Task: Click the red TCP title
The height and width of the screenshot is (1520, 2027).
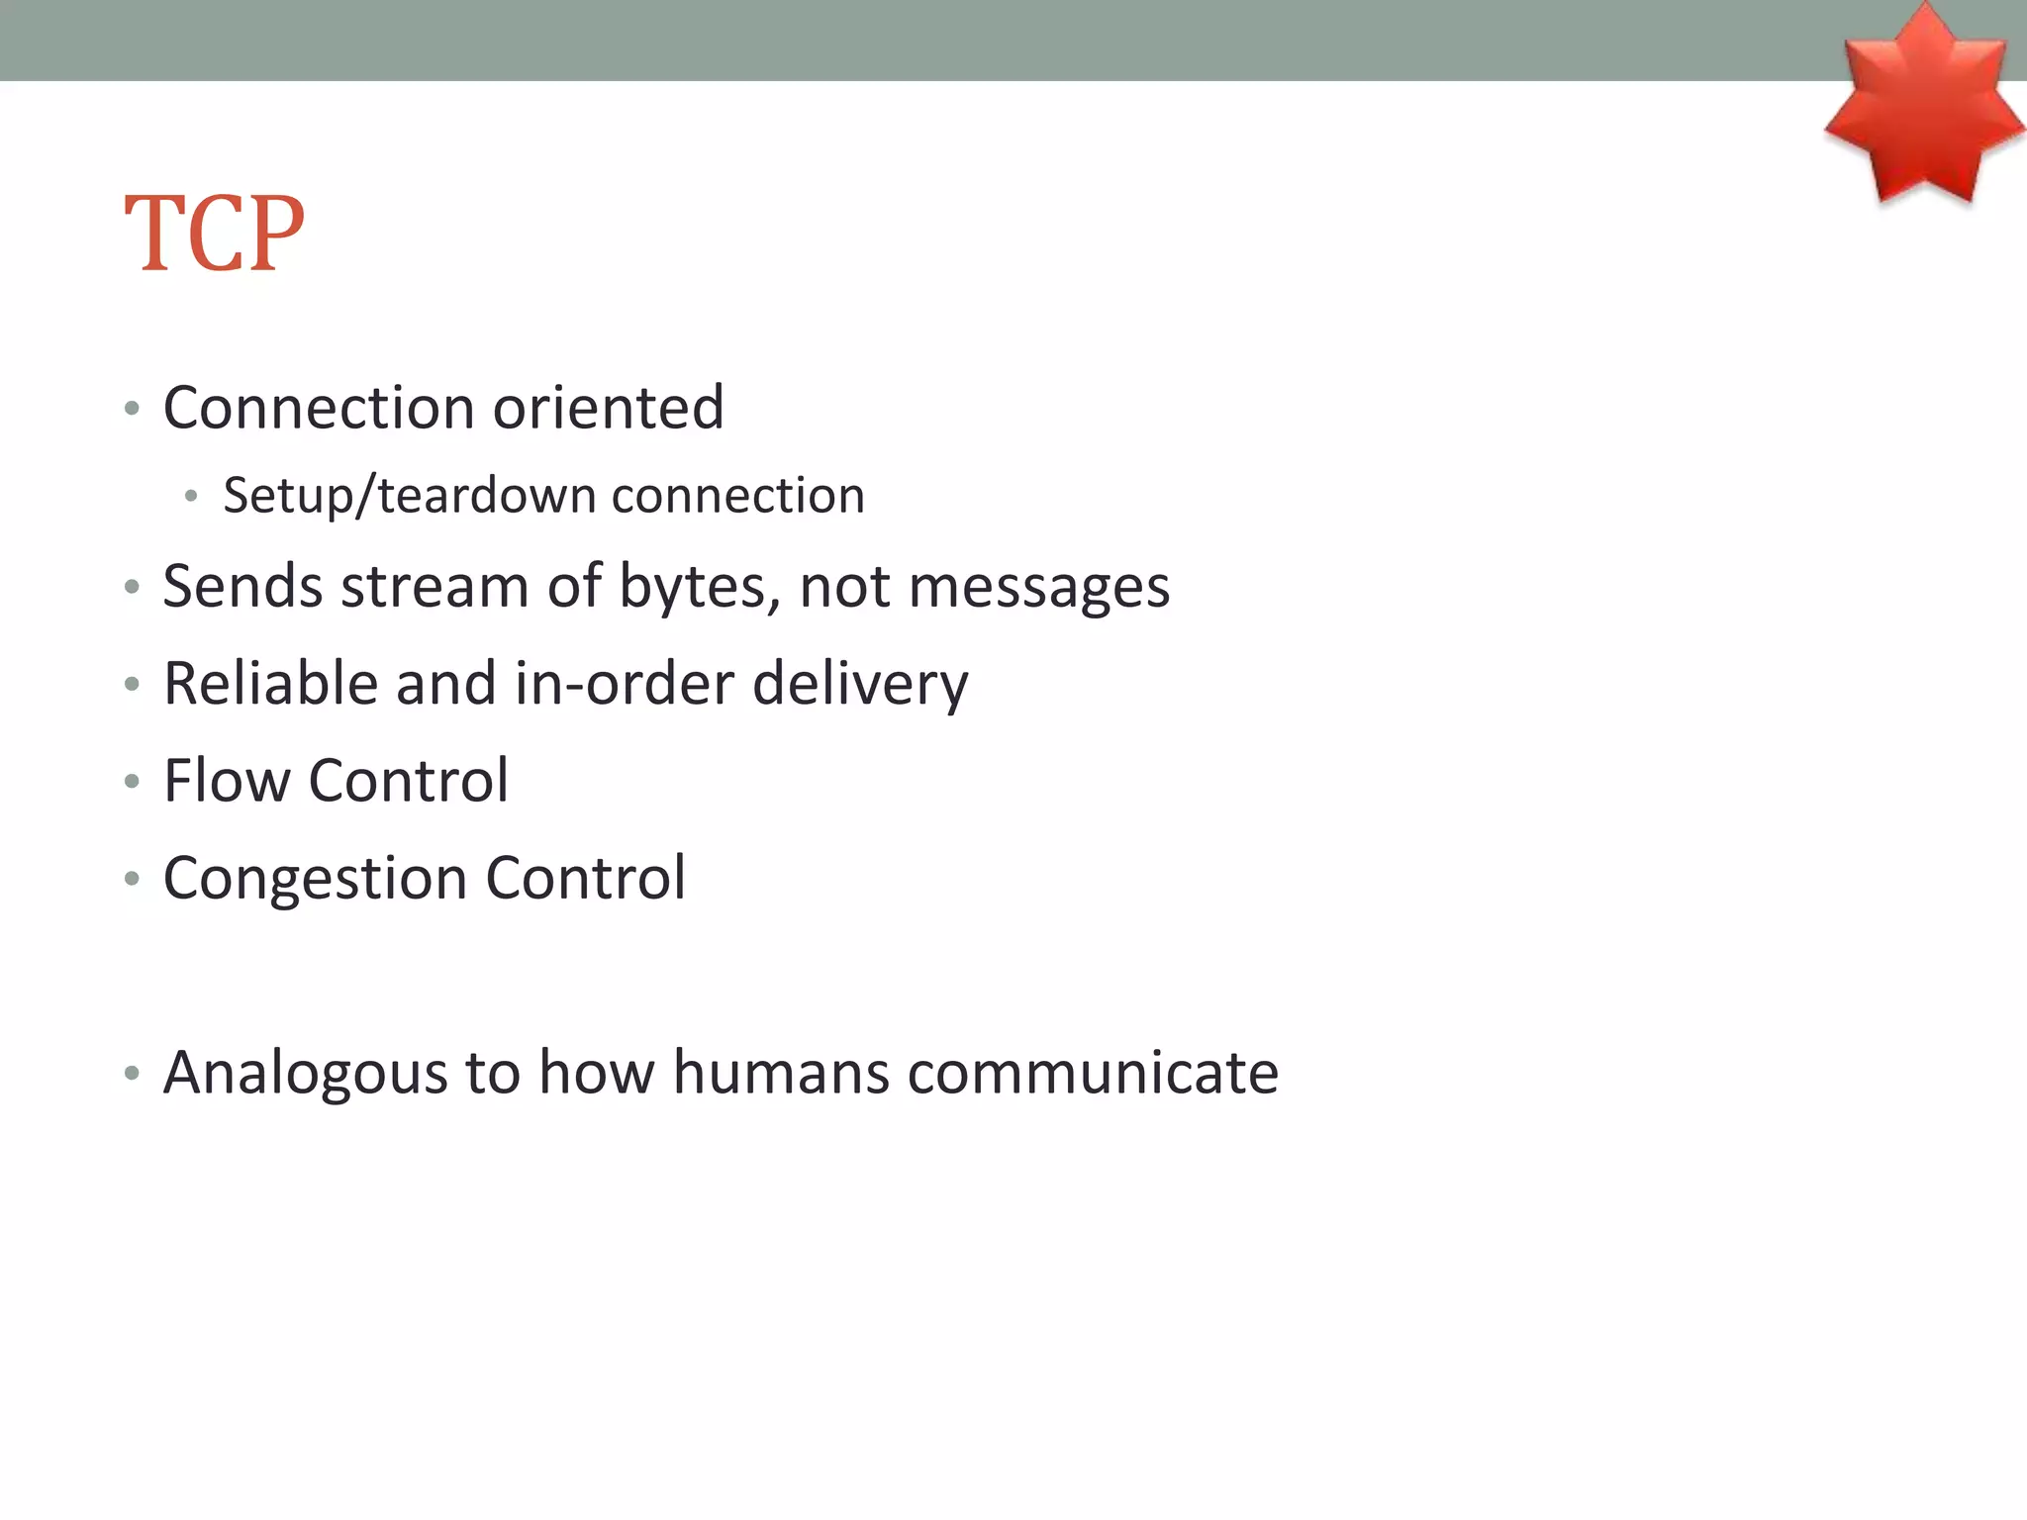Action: tap(215, 234)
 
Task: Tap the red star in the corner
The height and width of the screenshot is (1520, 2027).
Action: tap(1922, 109)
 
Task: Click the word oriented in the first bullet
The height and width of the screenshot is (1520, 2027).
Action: tap(608, 408)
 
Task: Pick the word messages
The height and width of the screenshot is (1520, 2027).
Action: tap(1038, 586)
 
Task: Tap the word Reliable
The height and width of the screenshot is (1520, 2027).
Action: tap(270, 683)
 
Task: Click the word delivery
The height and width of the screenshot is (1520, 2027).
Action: tap(860, 683)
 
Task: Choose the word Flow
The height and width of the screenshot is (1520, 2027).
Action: tap(227, 780)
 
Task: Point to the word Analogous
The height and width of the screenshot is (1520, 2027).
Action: tap(305, 1072)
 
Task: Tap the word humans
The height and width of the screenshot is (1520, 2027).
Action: tap(781, 1072)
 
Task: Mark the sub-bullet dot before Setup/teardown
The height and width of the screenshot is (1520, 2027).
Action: tap(191, 497)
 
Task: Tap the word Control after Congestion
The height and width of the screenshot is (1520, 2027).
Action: tap(585, 878)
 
